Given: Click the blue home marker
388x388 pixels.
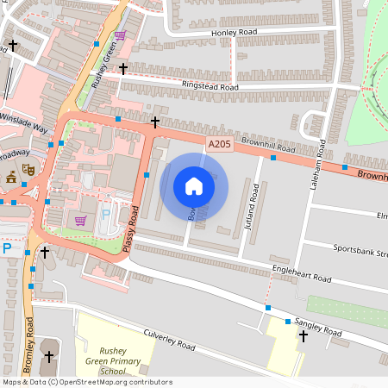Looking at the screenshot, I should pos(194,186).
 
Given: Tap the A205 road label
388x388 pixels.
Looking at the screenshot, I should pos(218,148).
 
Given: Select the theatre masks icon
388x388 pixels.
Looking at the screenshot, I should pos(28,172).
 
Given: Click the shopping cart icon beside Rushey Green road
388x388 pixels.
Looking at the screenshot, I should pos(119,35).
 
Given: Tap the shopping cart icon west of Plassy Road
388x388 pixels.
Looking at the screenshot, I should pos(80,221).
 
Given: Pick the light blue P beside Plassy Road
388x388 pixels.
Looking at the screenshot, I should pos(106,213).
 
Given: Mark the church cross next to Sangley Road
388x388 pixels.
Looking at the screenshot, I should pos(303,336).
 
